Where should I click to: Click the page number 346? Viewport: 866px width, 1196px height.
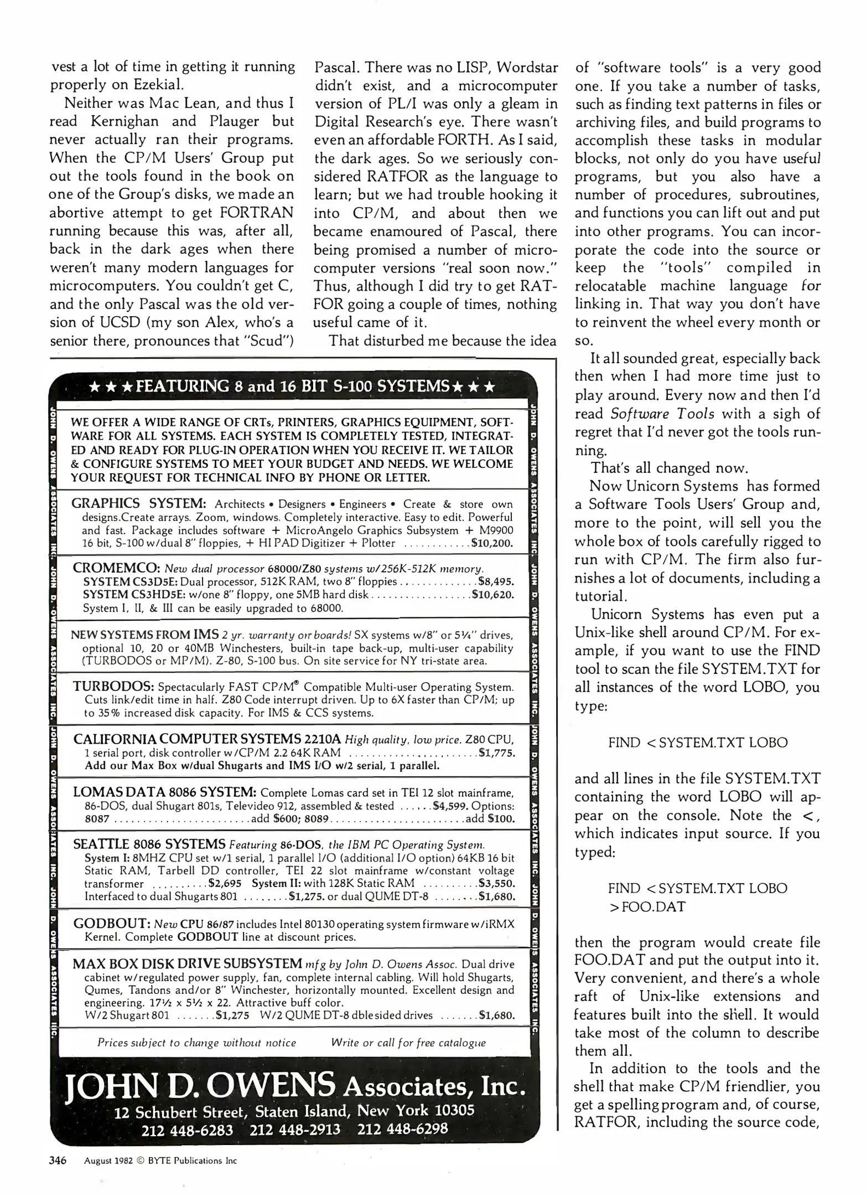[58, 1161]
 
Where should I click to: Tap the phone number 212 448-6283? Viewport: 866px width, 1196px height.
[187, 1130]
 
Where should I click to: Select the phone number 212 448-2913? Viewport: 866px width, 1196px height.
[295, 1129]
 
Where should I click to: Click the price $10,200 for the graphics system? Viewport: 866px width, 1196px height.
[492, 543]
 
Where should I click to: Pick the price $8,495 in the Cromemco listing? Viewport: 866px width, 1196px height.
[496, 582]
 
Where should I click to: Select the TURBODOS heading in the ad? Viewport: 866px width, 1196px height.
[113, 687]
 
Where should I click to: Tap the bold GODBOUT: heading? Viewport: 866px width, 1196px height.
[112, 924]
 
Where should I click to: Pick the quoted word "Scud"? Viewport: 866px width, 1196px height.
[267, 341]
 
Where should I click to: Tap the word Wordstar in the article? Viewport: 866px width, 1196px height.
[527, 67]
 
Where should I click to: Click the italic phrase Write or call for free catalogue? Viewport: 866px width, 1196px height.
[408, 1043]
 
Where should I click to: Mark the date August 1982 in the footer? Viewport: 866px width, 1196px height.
[108, 1161]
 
